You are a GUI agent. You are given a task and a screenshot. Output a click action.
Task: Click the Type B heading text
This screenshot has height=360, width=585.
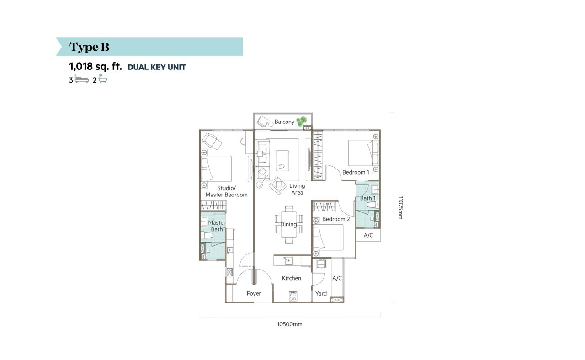coord(89,47)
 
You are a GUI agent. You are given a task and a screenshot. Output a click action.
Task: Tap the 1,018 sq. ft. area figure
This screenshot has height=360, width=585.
coord(96,67)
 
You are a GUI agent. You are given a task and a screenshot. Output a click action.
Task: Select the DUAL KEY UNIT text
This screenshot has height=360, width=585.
coord(157,67)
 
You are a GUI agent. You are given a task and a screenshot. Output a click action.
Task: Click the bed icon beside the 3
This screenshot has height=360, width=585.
coord(82,79)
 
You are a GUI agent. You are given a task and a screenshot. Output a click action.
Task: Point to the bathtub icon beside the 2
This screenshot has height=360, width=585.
coord(103,79)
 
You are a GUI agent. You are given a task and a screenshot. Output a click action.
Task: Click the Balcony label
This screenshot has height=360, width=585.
coord(284,122)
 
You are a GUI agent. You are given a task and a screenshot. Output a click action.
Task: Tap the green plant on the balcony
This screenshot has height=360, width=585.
coord(302,121)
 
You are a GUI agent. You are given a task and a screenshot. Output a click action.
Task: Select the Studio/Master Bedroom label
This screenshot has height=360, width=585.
coord(226,191)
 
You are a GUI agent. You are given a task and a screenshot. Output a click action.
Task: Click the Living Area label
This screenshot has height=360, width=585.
coord(297,189)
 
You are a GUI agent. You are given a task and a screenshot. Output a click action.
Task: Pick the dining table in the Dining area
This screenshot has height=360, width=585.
coord(289,224)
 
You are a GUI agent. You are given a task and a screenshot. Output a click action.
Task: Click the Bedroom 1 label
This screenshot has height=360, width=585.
coord(356,172)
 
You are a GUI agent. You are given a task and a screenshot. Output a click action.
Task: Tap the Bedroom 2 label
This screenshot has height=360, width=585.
coord(336,219)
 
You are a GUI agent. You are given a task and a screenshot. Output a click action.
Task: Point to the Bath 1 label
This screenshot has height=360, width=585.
coord(368,198)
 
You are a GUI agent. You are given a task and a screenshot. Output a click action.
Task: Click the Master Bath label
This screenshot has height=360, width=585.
coord(217,226)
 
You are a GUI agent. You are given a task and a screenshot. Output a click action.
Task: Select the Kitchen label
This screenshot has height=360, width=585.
coord(292,278)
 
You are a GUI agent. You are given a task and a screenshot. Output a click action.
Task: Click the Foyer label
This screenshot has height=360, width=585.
coord(254,294)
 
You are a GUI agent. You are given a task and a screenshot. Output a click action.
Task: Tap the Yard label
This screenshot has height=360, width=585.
coord(321,294)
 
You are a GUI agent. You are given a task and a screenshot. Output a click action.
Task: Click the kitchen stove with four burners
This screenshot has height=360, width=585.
coord(293,296)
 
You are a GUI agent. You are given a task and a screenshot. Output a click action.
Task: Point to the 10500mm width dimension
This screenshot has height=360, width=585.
coord(290,324)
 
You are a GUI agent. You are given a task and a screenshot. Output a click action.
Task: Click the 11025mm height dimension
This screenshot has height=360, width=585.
coord(400,208)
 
